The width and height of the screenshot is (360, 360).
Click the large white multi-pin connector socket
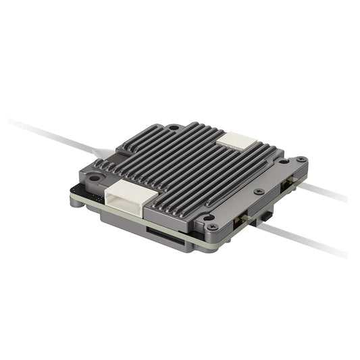click(128, 192)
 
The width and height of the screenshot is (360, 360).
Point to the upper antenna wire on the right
click(324, 192)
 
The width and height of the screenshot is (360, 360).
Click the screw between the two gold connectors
click(259, 192)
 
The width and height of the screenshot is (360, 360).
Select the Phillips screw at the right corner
click(300, 160)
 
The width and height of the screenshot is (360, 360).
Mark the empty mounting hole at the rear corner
click(174, 127)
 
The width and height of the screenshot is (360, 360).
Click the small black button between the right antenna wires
click(269, 217)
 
